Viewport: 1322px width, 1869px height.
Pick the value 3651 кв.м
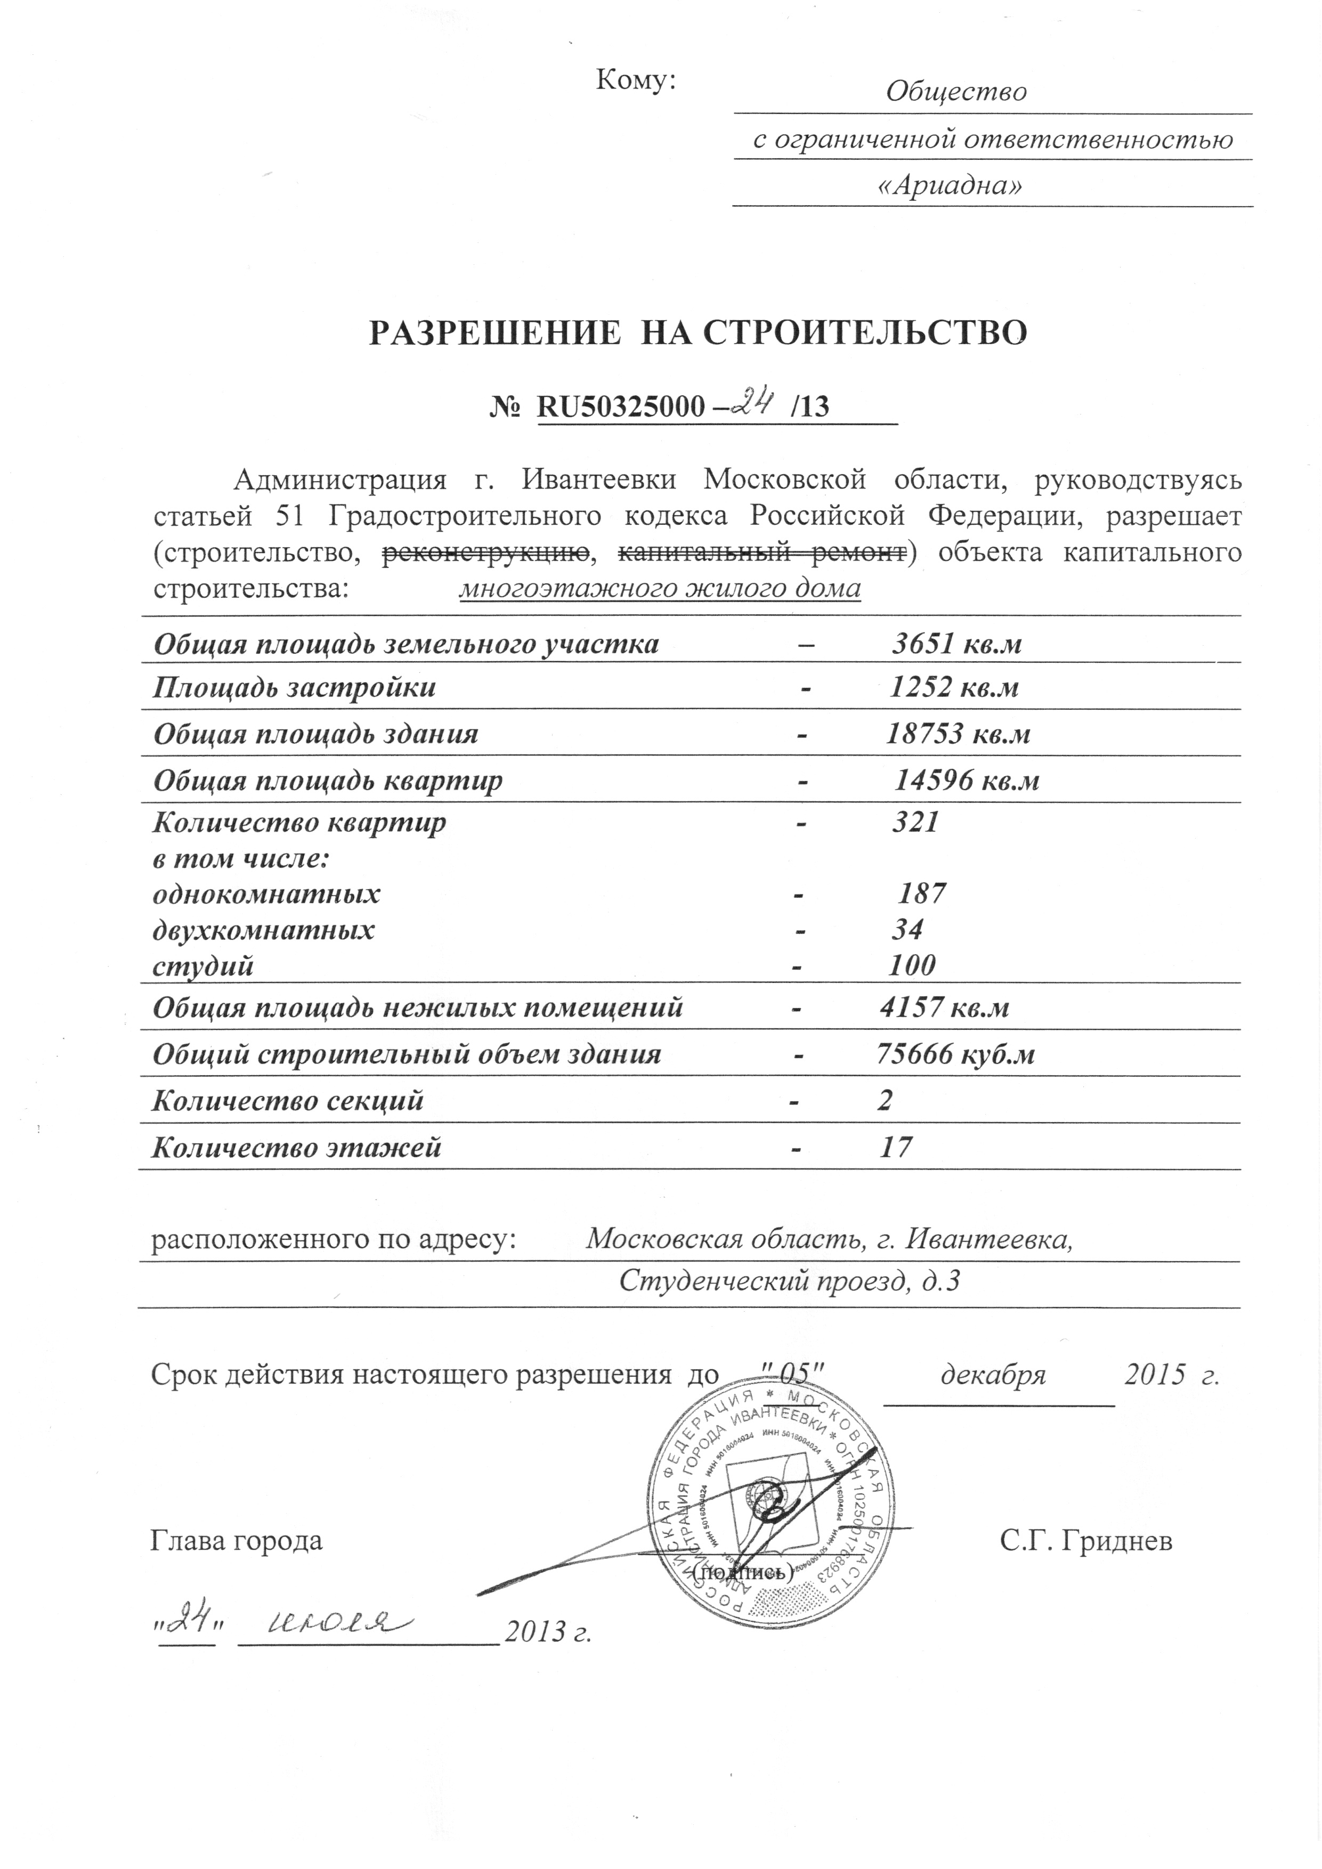coord(956,645)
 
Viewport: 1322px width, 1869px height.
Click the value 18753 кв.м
coord(958,734)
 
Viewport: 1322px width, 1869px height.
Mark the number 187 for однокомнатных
coord(921,895)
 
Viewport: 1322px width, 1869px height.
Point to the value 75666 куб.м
coord(955,1055)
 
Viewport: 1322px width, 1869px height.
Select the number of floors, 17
coord(895,1148)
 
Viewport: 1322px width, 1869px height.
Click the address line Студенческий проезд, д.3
coord(789,1282)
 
